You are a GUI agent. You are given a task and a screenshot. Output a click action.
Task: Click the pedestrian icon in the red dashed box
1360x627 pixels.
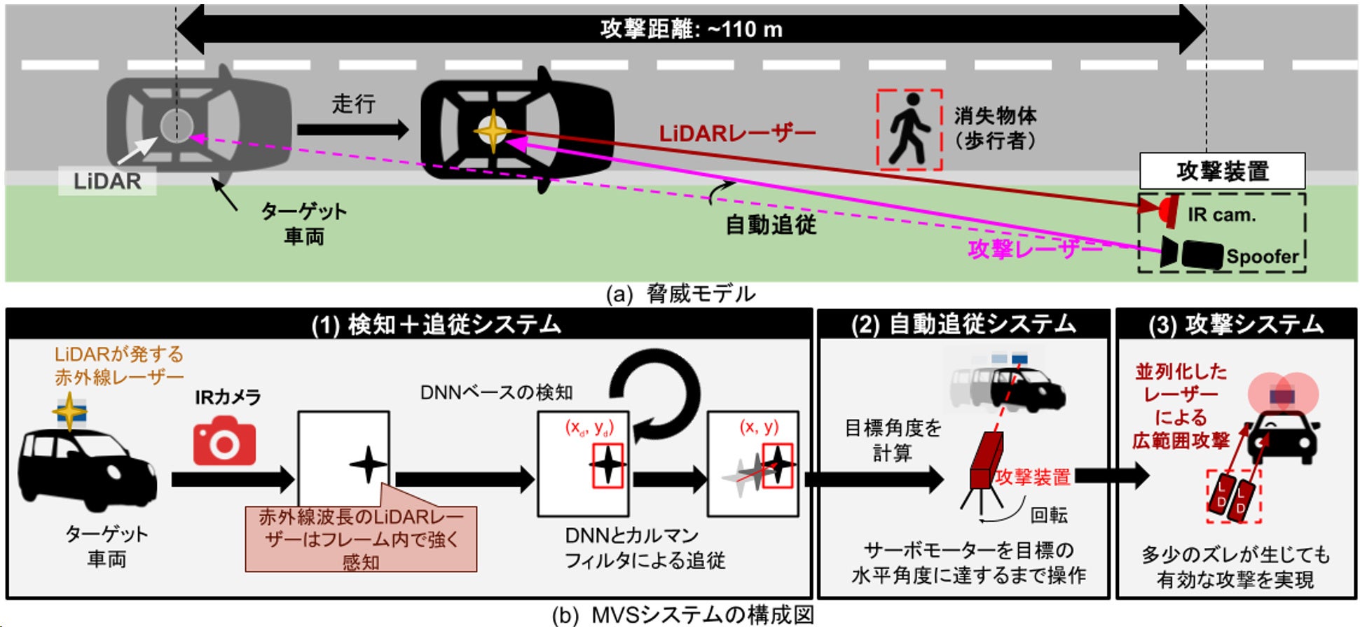click(909, 130)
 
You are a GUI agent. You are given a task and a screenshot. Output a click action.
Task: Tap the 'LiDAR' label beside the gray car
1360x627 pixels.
click(107, 181)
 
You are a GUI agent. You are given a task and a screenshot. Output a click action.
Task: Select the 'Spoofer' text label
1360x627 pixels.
click(1262, 256)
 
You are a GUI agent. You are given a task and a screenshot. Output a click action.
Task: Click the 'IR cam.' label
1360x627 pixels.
click(1221, 214)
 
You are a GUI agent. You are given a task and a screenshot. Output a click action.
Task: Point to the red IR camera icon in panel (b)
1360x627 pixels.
click(224, 441)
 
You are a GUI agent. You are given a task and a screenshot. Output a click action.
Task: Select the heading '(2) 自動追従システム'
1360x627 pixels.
click(963, 324)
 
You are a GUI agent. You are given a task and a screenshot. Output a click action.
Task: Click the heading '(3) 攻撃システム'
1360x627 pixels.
click(1236, 324)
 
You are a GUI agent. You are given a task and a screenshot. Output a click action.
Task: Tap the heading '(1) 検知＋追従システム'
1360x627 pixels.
click(436, 324)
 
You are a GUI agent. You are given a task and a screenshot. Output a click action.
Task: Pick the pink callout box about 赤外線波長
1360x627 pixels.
click(361, 539)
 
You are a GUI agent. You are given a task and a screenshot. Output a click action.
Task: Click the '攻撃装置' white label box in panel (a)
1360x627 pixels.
click(1222, 171)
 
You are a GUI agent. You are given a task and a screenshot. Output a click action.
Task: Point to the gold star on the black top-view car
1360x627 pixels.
click(493, 131)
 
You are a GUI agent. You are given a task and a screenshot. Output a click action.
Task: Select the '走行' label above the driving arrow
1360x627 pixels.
click(353, 104)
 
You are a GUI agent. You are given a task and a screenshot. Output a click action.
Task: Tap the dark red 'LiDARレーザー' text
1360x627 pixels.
click(737, 133)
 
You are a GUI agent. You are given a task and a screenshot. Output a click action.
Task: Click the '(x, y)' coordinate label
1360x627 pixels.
click(759, 427)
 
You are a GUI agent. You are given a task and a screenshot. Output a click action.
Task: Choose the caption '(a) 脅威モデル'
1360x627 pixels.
click(680, 294)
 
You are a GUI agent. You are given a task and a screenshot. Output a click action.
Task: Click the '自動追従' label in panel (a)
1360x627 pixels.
click(771, 225)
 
